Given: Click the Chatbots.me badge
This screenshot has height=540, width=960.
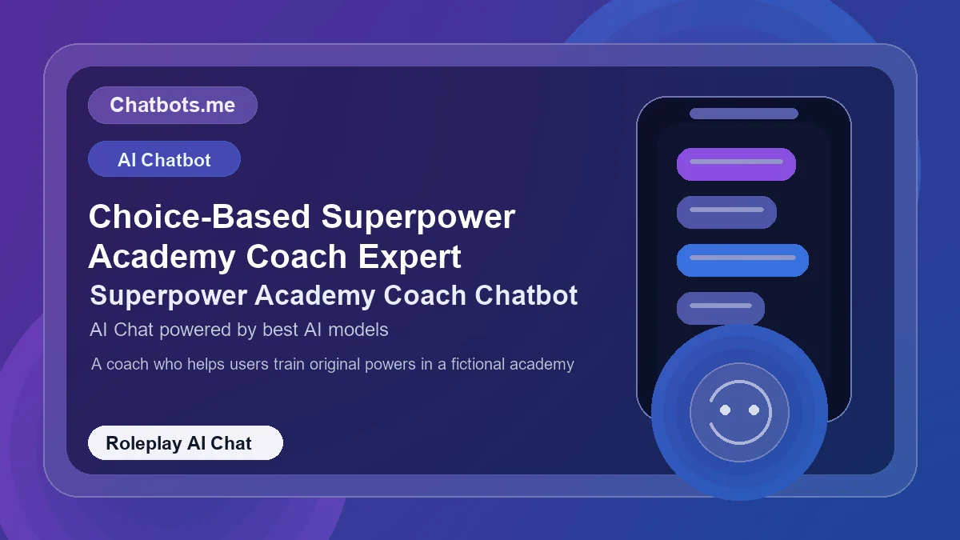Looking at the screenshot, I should (172, 105).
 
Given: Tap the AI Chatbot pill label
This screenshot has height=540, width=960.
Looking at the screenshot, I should (164, 159).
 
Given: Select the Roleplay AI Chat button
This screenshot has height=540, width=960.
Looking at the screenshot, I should (185, 443).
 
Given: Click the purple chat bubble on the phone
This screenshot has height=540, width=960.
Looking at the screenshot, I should (736, 164).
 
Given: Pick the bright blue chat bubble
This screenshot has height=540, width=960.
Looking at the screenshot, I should (742, 260).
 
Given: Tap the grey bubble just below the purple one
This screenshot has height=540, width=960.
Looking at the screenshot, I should (726, 212).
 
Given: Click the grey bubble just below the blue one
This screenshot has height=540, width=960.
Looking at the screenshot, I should (720, 308).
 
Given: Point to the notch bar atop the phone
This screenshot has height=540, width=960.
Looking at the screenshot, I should (744, 114).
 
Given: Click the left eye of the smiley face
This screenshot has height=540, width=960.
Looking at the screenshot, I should (726, 410).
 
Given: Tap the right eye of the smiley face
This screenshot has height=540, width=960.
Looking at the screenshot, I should (754, 410).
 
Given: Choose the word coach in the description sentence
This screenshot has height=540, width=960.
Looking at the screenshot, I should (126, 364).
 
